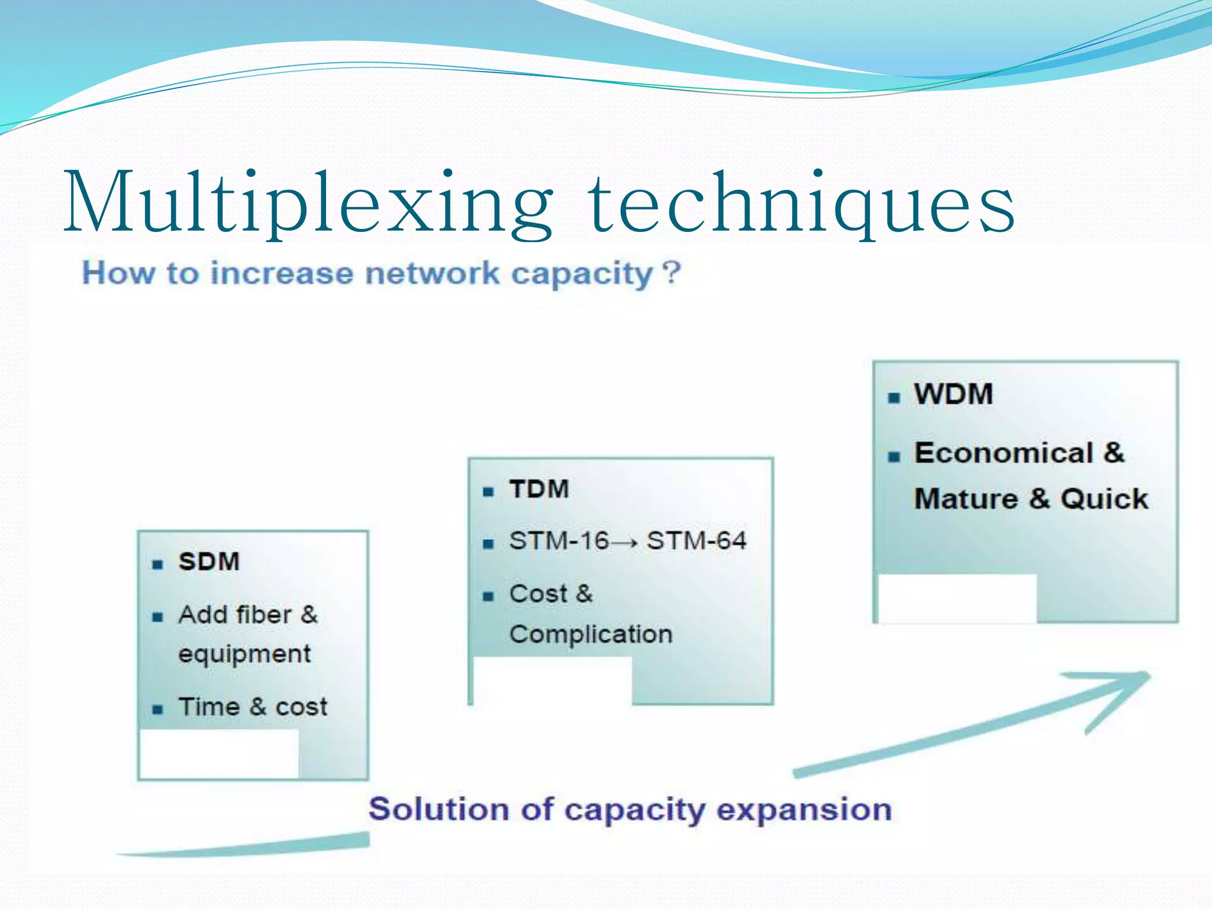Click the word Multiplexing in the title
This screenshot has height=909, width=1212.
308,204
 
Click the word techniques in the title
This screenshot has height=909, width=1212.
802,204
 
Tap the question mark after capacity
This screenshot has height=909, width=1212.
672,273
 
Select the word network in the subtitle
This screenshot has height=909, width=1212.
432,273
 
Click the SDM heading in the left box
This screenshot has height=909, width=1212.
209,562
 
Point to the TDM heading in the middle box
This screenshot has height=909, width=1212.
539,489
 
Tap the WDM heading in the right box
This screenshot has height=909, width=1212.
953,395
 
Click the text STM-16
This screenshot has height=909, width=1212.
559,541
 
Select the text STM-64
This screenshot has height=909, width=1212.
697,541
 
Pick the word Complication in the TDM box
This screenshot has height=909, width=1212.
591,634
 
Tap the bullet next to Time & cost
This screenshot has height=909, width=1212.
157,710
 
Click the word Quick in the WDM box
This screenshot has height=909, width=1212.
1104,499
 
